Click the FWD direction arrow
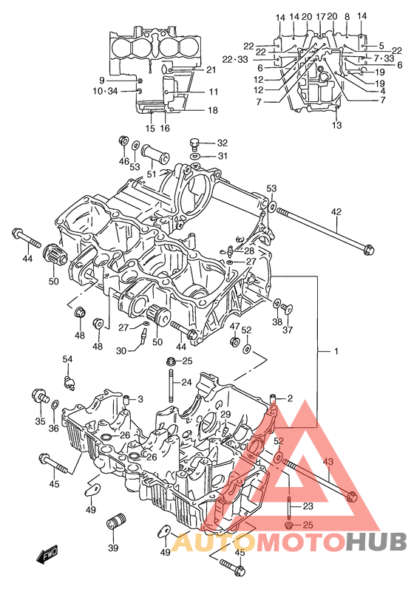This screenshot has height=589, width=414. (x=48, y=554)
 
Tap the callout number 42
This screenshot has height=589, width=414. (x=336, y=212)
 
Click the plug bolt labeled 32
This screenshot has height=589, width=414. (x=194, y=143)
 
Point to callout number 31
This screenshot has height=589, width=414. (x=223, y=155)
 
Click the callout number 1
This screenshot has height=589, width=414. (x=336, y=351)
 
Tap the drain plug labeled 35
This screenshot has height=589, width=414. (x=39, y=395)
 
